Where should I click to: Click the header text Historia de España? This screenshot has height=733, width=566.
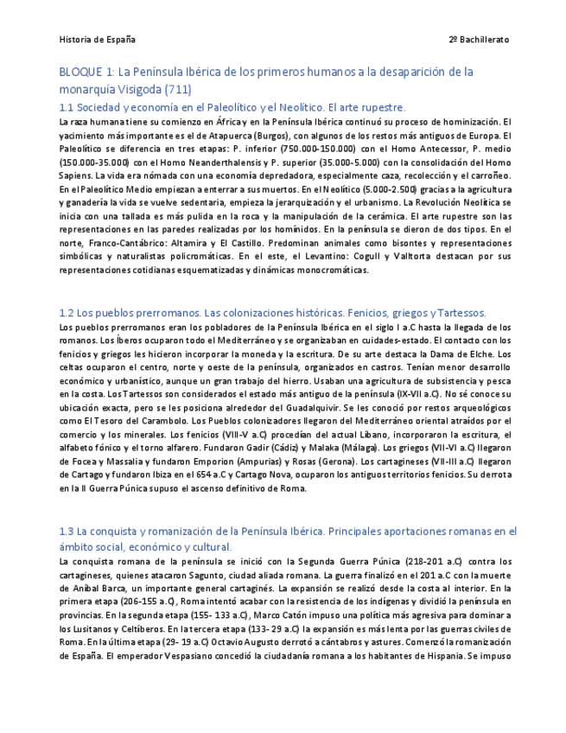coord(97,40)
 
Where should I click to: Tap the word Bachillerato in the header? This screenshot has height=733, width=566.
coord(484,40)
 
